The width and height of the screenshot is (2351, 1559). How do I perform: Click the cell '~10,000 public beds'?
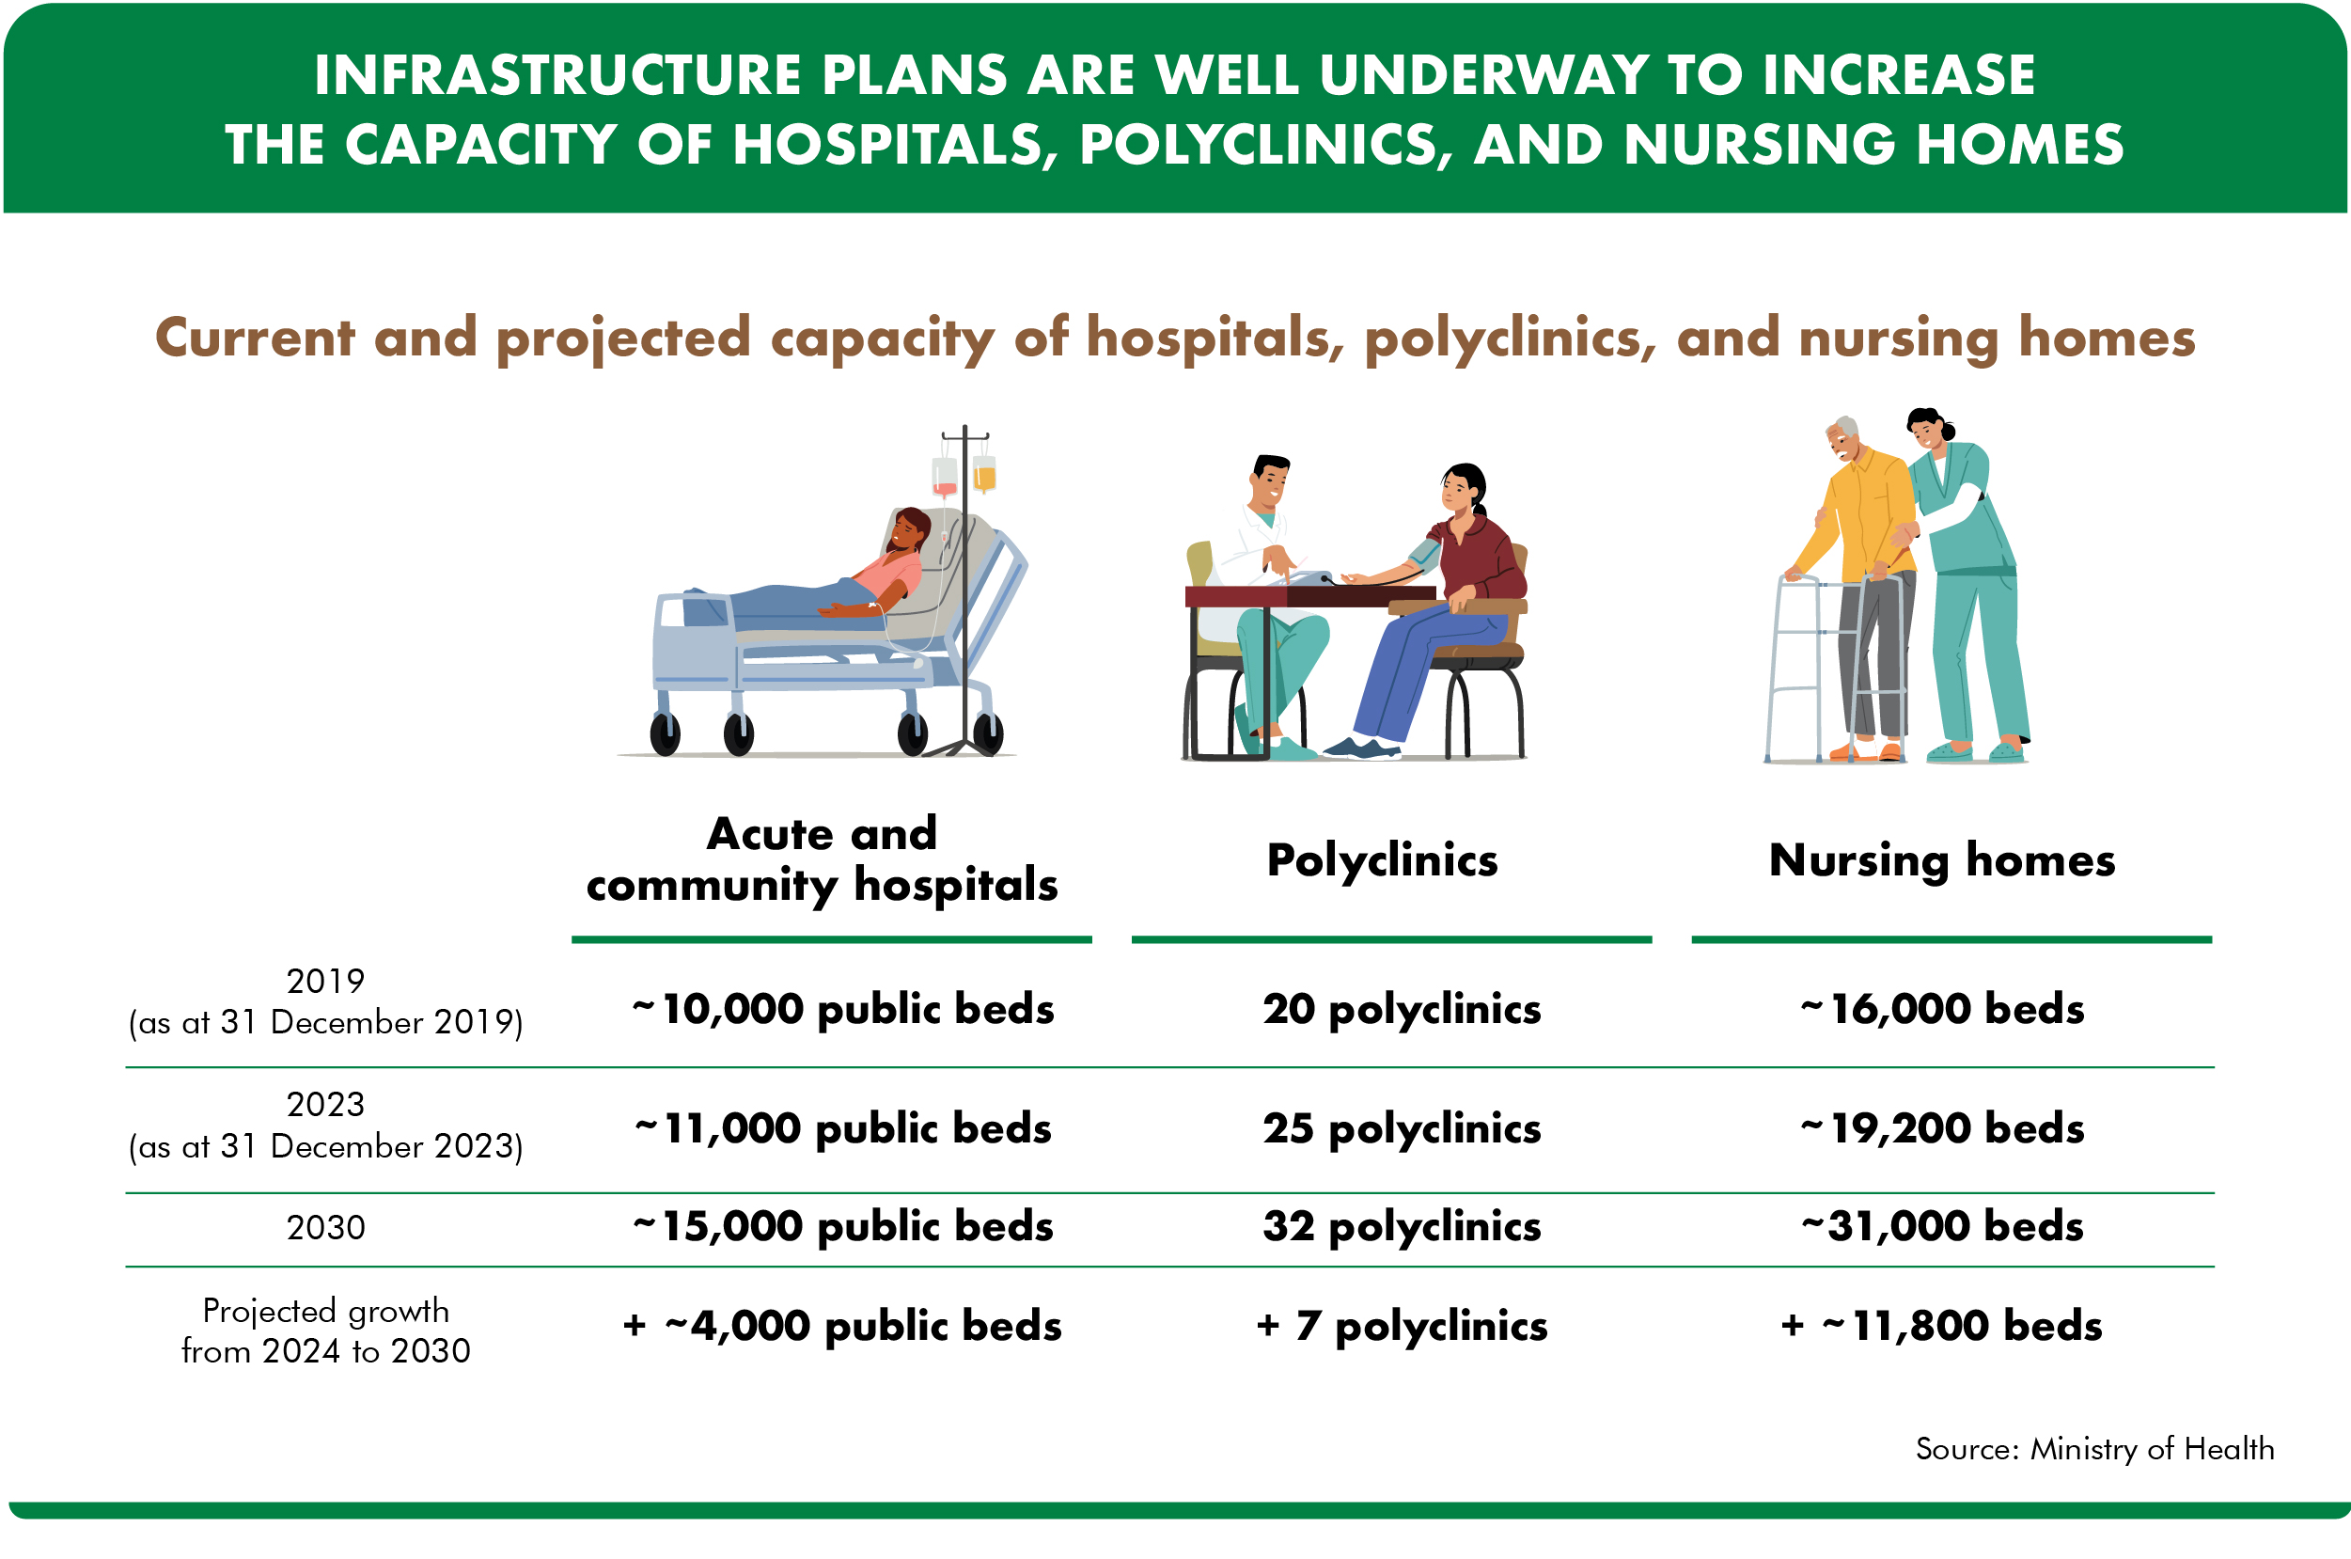(842, 1008)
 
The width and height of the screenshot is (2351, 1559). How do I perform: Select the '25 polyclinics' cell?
(1401, 1127)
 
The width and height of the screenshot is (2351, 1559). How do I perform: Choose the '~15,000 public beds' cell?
(842, 1225)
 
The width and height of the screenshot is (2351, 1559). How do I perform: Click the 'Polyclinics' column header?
(1381, 859)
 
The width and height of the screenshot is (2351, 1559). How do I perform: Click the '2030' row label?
(325, 1227)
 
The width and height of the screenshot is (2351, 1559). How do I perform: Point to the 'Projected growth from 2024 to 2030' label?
(325, 1330)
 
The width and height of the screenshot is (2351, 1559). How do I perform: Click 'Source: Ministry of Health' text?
(2093, 1448)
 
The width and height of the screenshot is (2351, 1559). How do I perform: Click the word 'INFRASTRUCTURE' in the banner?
(557, 75)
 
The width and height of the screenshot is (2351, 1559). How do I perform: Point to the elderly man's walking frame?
(1834, 666)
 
